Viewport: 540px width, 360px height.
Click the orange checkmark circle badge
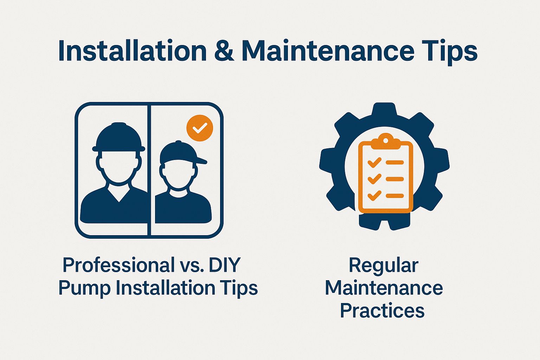coord(200,128)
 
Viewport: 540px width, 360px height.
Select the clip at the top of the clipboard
coord(385,140)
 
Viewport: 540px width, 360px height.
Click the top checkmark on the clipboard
coord(374,162)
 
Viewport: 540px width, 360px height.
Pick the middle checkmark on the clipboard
coord(374,179)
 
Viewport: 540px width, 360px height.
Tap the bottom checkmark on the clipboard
coord(374,195)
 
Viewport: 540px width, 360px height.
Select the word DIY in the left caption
coord(225,265)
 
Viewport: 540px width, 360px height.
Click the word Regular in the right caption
coord(384,265)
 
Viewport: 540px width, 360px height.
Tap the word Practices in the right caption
coord(382,311)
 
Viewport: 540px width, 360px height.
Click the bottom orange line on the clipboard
coord(394,195)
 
